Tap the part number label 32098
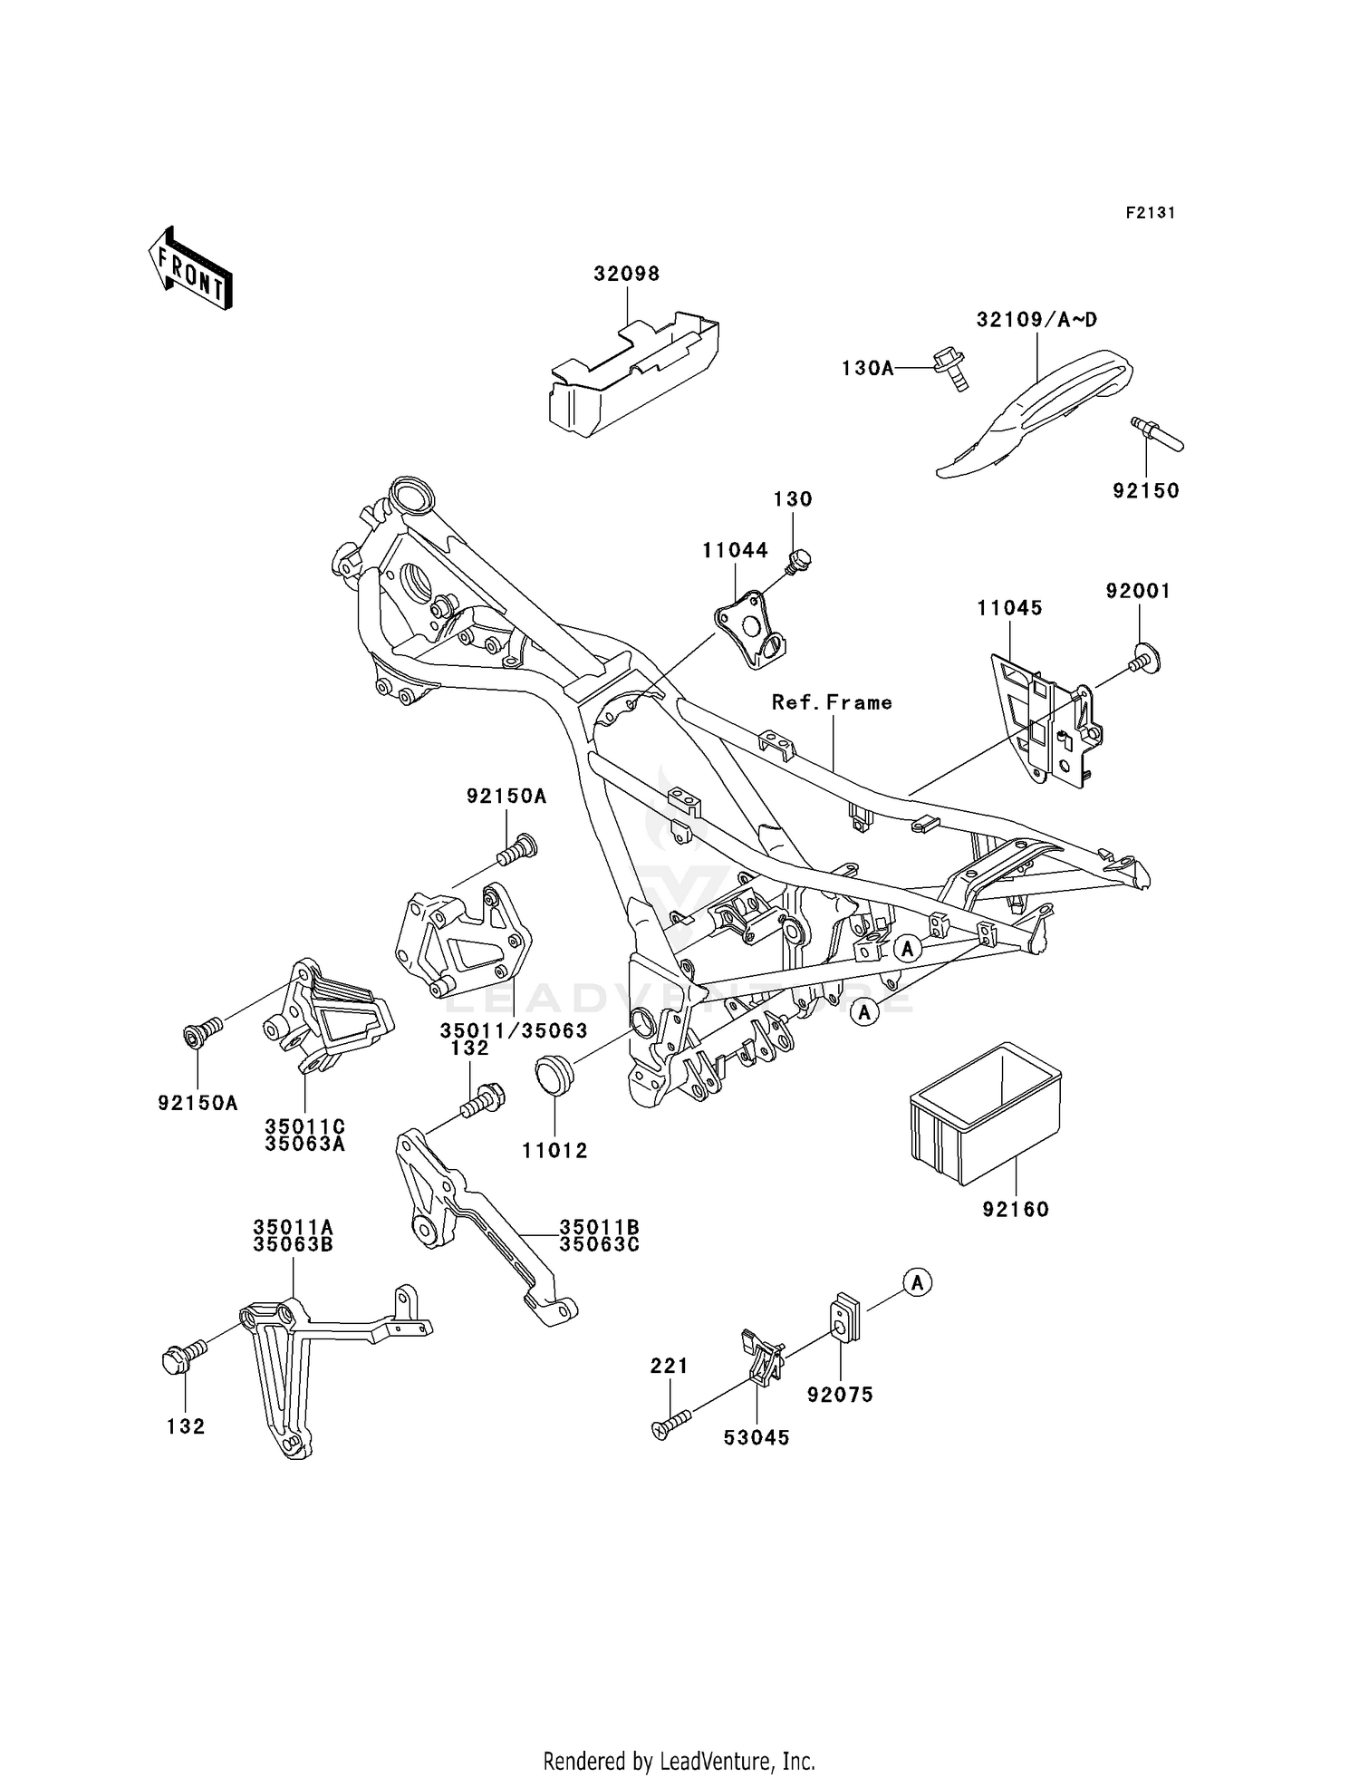pos(627,274)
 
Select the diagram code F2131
pos(1151,213)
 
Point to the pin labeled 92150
pos(1158,435)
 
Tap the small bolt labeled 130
pos(799,562)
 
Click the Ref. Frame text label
pos(832,702)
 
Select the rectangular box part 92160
pos(986,1113)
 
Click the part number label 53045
pos(757,1438)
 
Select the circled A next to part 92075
pos(918,1283)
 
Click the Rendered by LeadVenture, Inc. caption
pos(679,1761)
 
